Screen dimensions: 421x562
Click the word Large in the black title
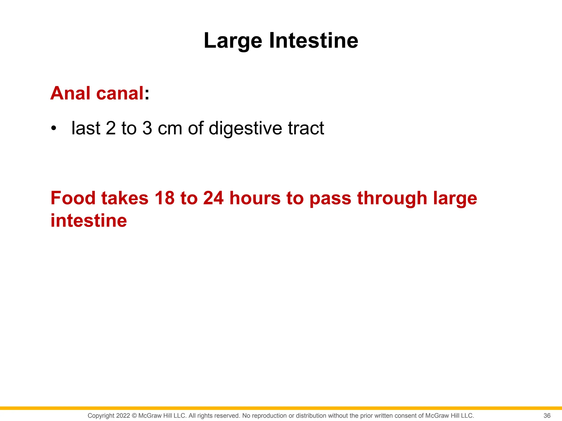[233, 41]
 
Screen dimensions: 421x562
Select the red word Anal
[70, 93]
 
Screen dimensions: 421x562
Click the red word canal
[120, 93]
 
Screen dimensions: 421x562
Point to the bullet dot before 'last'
[54, 128]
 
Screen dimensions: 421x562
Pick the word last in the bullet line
[86, 128]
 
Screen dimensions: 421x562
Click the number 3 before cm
[147, 128]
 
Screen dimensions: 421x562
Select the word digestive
[245, 128]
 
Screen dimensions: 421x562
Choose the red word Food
[73, 198]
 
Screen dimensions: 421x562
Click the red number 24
[213, 198]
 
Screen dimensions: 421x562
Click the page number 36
[547, 416]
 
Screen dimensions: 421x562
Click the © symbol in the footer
[134, 416]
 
